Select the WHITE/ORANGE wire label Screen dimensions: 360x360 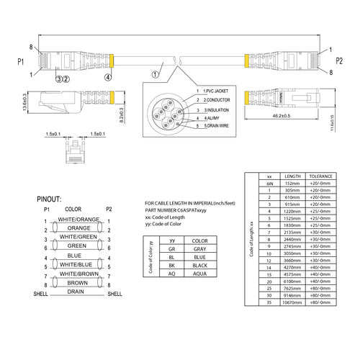click(78, 219)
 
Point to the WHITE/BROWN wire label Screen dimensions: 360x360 click(78, 274)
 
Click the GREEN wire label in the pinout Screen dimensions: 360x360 click(78, 246)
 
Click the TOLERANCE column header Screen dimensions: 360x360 click(320, 176)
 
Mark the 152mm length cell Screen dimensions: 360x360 click(292, 184)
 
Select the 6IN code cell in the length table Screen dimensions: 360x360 click(269, 184)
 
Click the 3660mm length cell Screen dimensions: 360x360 click(292, 260)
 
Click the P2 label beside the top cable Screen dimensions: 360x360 click(340, 60)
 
